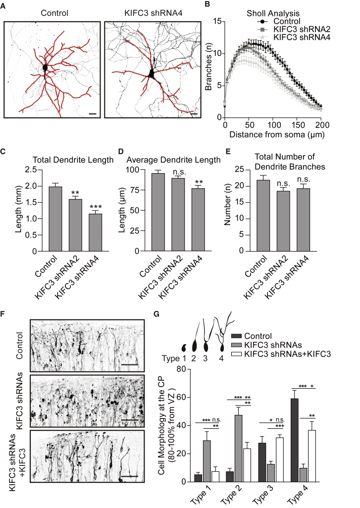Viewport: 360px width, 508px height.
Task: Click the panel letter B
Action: point(207,4)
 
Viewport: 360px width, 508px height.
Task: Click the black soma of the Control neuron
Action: point(46,67)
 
